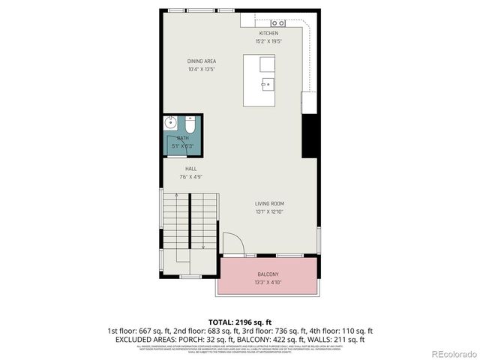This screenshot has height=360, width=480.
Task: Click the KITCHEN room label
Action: coord(268,34)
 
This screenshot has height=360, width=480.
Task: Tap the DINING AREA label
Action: coord(201,61)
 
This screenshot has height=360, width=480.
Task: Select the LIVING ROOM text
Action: coord(269,203)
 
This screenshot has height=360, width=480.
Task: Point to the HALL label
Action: coord(191,169)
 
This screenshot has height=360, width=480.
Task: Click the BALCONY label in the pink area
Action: coord(268,274)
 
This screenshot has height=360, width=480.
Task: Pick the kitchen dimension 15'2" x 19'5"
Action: coord(268,42)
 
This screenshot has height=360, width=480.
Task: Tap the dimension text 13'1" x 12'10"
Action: coord(269,211)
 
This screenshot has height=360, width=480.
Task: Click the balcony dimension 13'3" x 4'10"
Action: coord(268,283)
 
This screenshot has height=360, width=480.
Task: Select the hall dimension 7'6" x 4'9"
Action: coord(191,178)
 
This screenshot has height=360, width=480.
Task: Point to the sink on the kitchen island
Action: coord(267,84)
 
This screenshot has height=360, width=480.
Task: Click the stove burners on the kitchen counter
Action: coord(279,23)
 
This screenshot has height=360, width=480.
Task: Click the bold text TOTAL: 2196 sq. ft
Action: coord(239,322)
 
